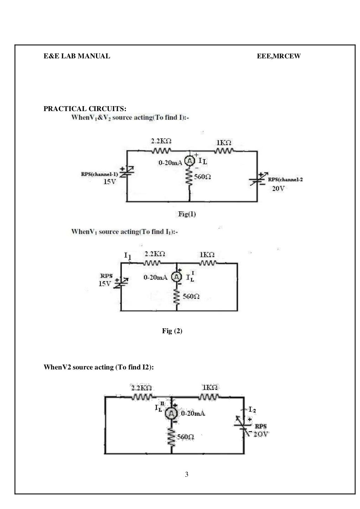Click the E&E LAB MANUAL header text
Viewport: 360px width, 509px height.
(77, 56)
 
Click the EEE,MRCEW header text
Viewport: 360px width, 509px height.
(279, 56)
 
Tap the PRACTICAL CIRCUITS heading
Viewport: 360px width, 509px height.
(85, 109)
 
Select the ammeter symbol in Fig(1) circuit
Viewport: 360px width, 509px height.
(189, 161)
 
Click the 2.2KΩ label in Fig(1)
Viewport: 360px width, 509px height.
(161, 141)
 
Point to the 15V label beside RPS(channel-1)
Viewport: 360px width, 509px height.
(109, 182)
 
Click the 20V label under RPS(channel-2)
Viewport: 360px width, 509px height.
(278, 188)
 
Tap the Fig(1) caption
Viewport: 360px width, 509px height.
(187, 214)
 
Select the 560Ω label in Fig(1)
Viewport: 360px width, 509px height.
(202, 177)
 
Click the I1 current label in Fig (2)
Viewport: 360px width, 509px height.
(128, 256)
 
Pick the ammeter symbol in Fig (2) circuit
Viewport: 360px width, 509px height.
(176, 277)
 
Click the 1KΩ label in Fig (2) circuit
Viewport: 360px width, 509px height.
(207, 254)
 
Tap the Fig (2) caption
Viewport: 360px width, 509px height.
(172, 331)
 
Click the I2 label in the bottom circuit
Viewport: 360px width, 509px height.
(252, 410)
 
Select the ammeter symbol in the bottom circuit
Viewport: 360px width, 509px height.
(172, 414)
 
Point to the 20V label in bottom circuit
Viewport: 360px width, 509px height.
(261, 434)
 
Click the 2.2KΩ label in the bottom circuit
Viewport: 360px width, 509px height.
(141, 388)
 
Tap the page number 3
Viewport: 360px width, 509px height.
(187, 475)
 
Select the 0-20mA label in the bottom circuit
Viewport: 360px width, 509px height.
(193, 414)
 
